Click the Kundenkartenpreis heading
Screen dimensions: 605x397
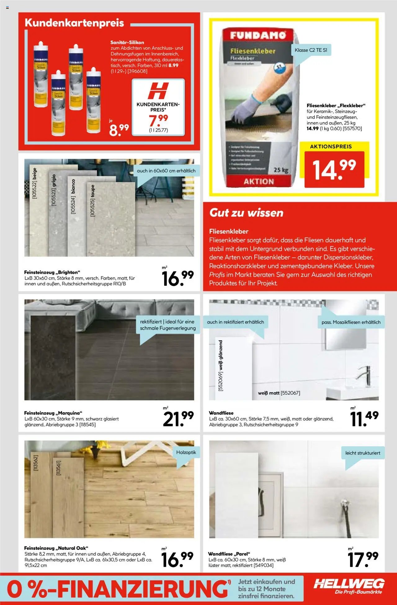coord(74,23)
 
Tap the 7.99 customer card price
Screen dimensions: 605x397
coord(158,120)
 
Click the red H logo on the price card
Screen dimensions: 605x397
coord(158,91)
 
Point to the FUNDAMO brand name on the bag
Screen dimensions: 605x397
coord(258,35)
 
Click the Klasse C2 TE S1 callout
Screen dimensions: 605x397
coord(311,50)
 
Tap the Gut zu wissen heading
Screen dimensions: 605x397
coord(246,213)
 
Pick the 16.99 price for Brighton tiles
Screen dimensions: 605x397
coord(177,278)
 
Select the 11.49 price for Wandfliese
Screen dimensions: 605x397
coord(364,418)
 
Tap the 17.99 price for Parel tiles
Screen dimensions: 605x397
coord(363,559)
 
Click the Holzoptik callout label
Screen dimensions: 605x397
coord(186,452)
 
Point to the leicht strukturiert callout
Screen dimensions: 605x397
coord(363,453)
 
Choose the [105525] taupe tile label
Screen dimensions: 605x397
coord(92,201)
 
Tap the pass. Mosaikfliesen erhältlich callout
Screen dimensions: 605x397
coord(351,322)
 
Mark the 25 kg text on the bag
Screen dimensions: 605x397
coord(281,170)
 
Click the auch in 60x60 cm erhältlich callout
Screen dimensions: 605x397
coord(166,171)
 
